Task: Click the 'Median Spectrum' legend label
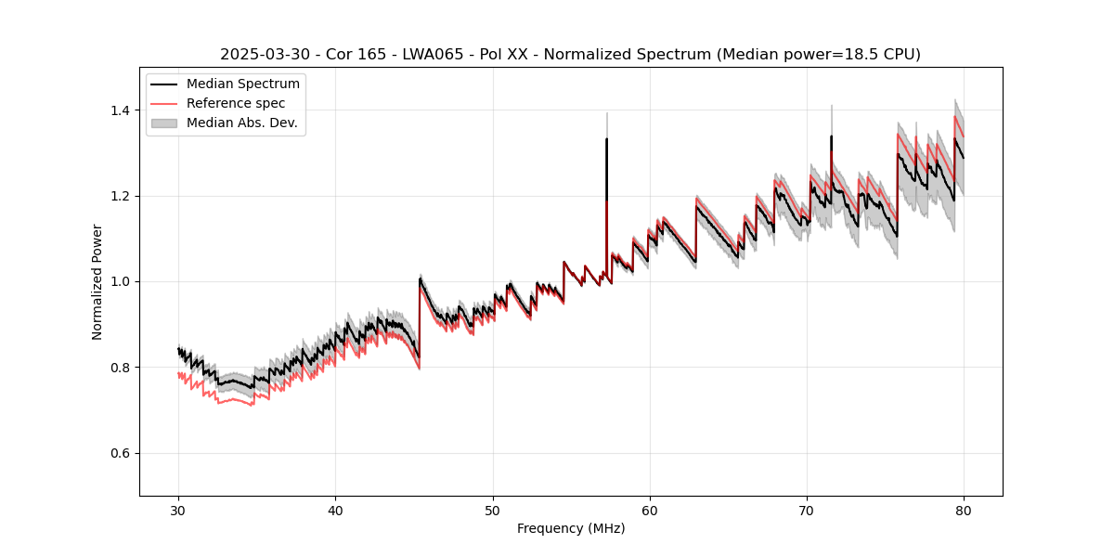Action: pos(243,84)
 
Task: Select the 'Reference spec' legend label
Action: pos(236,103)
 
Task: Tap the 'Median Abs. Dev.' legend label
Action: pos(241,123)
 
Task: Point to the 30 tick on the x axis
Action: pos(178,510)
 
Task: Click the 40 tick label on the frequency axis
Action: pos(335,510)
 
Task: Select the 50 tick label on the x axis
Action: pos(492,510)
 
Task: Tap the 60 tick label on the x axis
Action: pos(649,510)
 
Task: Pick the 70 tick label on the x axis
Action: pos(806,510)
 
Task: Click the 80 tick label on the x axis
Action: pos(963,510)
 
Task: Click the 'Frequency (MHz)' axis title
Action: pos(571,528)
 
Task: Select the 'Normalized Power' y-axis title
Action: pos(97,281)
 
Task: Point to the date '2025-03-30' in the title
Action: pos(264,55)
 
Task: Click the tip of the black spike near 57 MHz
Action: pos(606,139)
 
